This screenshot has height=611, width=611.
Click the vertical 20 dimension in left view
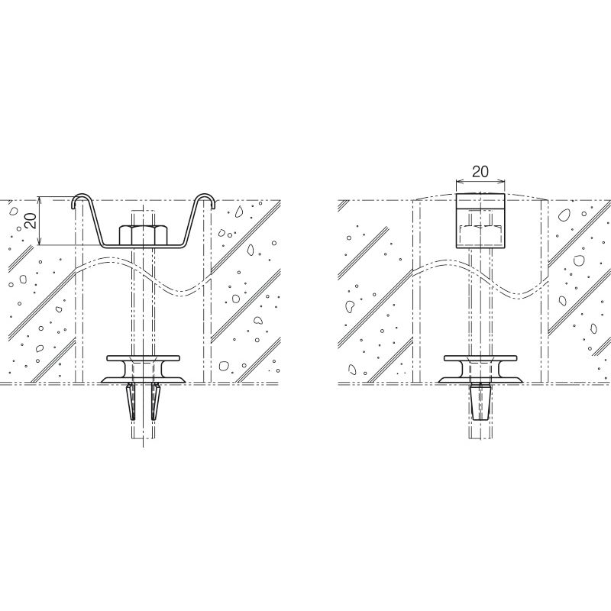(33, 221)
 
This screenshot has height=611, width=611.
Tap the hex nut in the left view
(143, 234)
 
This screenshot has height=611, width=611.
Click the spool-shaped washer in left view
(143, 369)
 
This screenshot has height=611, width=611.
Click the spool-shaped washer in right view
(480, 369)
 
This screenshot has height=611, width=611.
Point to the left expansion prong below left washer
(131, 402)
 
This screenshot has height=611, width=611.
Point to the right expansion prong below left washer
(156, 402)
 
